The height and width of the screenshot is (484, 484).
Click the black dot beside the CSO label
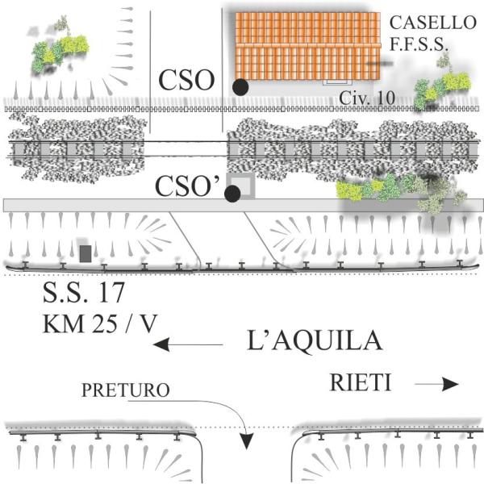point(240,86)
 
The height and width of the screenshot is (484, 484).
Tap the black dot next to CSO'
point(232,193)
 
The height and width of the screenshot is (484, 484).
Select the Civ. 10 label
point(366,98)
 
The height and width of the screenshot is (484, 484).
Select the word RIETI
point(361,383)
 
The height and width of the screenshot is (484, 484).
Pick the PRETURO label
point(125,391)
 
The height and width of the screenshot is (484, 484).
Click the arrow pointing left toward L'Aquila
point(188,344)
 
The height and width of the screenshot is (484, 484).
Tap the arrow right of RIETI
point(436,385)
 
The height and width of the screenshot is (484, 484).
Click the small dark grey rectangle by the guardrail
point(86,252)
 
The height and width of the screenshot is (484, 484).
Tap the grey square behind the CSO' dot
point(243,185)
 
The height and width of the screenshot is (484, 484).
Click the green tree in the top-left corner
point(56,50)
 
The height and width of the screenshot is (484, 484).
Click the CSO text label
point(186,81)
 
